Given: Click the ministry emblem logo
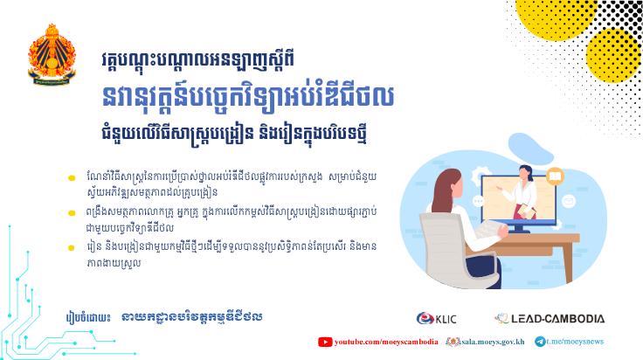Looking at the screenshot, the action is click(52, 54).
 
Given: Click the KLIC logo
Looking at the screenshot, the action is click(436, 319).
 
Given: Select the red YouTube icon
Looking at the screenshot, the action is click(325, 342).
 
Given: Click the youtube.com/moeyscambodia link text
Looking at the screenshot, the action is click(386, 342).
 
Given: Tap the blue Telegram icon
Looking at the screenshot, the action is click(540, 342).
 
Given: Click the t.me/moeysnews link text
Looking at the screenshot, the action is click(575, 342).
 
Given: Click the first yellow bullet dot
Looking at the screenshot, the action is click(72, 178).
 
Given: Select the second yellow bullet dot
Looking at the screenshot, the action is click(72, 213).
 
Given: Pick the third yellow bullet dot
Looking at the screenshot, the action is click(72, 248).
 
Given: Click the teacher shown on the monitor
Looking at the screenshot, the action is click(522, 192).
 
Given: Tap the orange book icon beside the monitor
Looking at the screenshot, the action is click(555, 177).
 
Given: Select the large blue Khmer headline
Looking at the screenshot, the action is click(248, 97).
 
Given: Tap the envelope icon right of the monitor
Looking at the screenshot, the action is click(569, 201).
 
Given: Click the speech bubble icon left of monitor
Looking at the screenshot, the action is click(478, 201).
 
